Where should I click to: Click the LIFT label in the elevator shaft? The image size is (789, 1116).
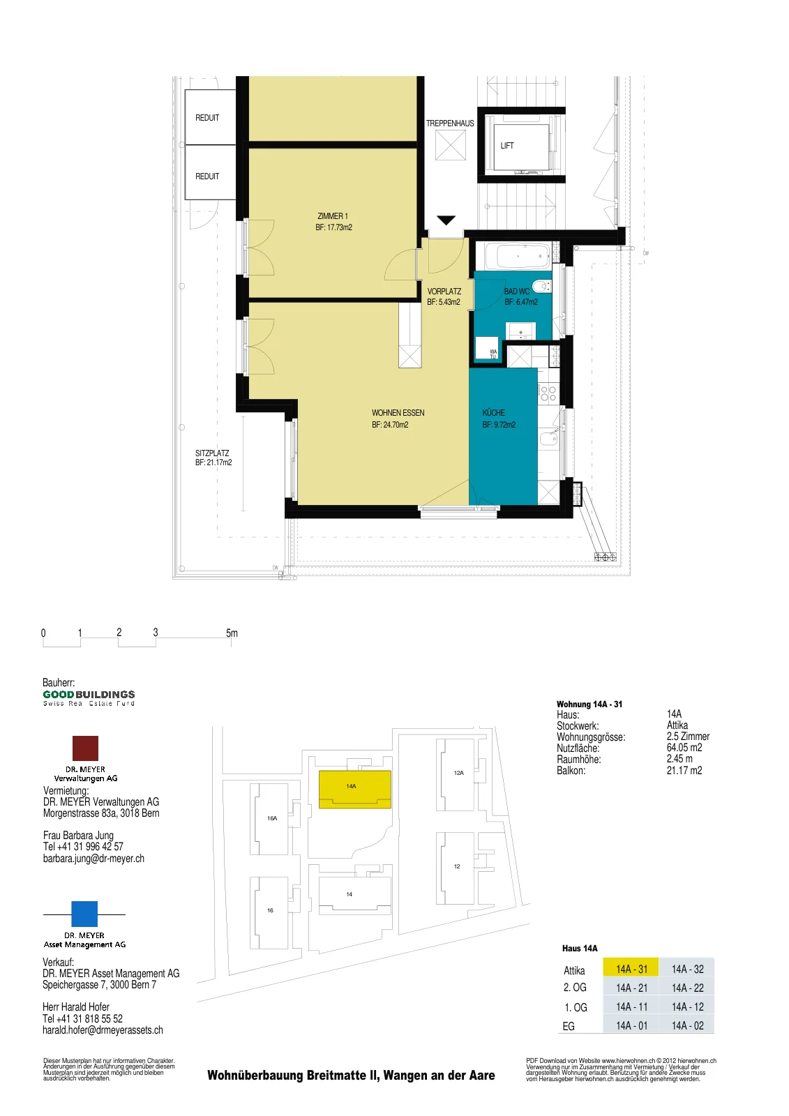coord(507,146)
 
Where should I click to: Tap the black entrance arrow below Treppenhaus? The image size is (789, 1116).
coord(446,220)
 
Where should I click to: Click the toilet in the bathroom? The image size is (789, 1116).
coord(541,287)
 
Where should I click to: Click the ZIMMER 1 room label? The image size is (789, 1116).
coord(333,216)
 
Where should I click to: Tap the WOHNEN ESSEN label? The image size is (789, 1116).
coord(398,413)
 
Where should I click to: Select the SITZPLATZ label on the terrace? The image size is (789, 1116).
coord(212,453)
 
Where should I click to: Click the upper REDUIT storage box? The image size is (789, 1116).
coord(210,117)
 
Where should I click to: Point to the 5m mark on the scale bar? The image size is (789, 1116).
coord(232,633)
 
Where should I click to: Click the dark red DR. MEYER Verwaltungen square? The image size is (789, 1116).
coord(85,748)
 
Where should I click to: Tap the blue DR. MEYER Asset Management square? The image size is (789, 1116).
coord(84,914)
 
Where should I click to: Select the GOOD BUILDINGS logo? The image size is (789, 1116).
coord(89,697)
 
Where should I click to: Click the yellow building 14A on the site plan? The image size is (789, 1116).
coord(354,789)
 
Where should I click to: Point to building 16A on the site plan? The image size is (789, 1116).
coord(272,819)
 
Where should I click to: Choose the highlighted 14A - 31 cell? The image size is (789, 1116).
coord(631,969)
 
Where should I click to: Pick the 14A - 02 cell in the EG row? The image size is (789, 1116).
coord(687,1025)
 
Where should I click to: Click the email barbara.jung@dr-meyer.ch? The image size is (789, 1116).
coord(93,859)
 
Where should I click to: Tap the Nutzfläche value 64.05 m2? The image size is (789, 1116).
coord(684,748)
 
